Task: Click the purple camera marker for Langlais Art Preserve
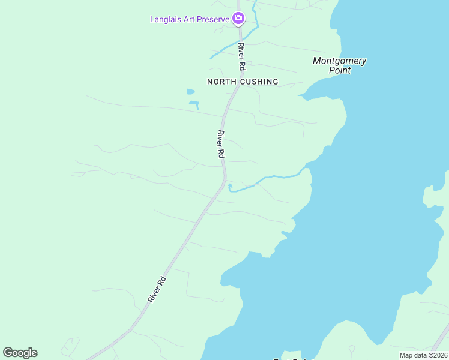tap(238, 19)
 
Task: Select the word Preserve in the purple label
tap(214, 19)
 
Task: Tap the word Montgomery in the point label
tap(339, 61)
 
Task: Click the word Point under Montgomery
tap(339, 70)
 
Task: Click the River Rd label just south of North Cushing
tap(221, 144)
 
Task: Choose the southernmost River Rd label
tap(157, 289)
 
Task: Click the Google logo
tap(20, 353)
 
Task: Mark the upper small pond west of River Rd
tap(190, 92)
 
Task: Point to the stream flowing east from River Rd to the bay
tap(270, 178)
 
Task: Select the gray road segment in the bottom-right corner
tap(441, 338)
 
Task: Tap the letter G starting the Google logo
tap(8, 353)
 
